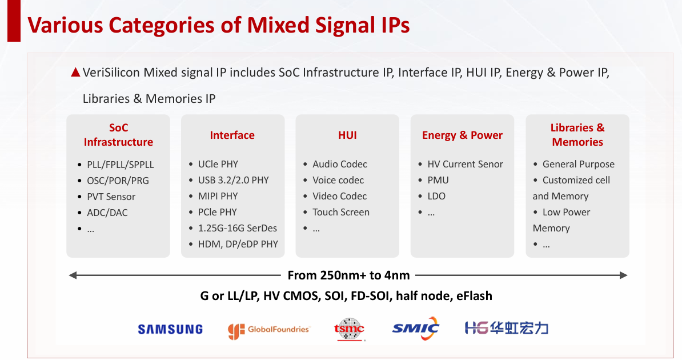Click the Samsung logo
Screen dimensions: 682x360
click(170, 329)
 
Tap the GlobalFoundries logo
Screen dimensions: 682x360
click(269, 330)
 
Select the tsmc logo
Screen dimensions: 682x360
click(349, 329)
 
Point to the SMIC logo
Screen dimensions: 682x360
click(415, 328)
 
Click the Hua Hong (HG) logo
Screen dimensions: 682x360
click(506, 328)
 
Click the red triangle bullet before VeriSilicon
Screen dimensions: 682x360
click(75, 72)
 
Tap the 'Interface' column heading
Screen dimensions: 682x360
click(232, 135)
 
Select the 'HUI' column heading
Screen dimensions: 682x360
click(347, 135)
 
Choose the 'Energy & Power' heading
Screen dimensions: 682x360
click(462, 135)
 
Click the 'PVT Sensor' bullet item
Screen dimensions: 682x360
click(111, 197)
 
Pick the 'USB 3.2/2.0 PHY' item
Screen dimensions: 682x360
click(234, 180)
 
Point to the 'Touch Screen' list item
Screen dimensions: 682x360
click(341, 212)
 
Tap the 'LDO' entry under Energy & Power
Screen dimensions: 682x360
click(436, 197)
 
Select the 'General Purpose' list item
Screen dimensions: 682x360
click(579, 164)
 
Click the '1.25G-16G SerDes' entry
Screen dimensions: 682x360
click(238, 228)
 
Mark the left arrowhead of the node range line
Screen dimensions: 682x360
click(73, 275)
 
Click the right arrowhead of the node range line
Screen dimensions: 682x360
click(624, 275)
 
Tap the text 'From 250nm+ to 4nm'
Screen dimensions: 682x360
click(349, 275)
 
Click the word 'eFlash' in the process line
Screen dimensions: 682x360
click(474, 296)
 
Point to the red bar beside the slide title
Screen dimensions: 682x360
click(14, 21)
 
